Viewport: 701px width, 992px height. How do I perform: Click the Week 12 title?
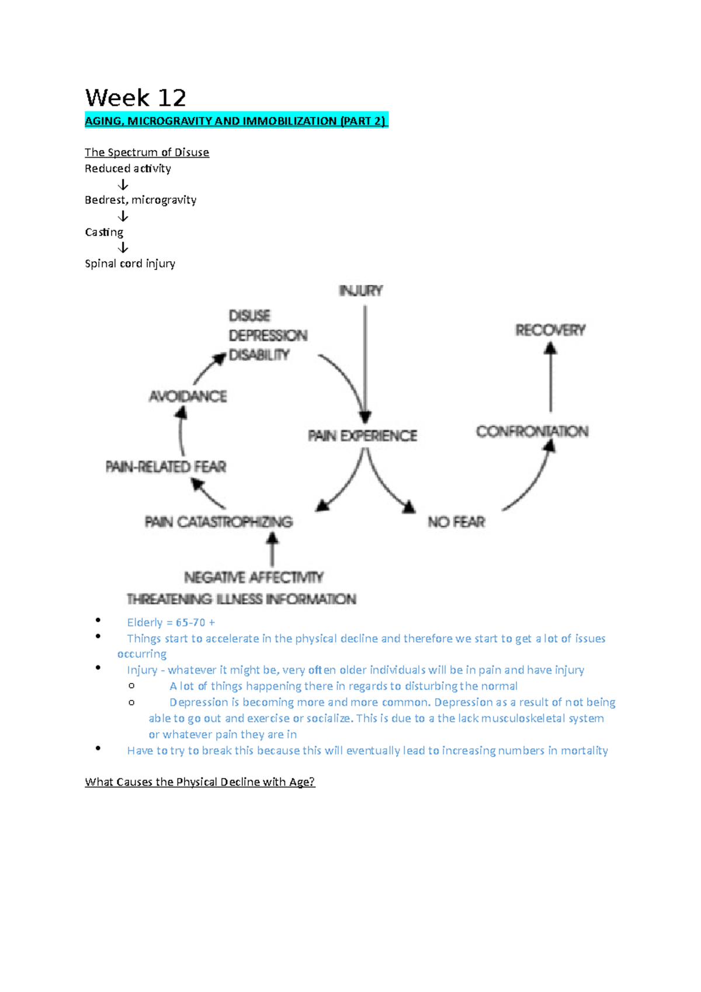(x=136, y=98)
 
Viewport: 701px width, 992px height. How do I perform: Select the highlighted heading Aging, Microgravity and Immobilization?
(x=235, y=121)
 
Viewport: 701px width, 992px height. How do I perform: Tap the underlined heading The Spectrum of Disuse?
(x=147, y=152)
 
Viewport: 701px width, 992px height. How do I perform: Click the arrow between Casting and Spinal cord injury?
(x=123, y=248)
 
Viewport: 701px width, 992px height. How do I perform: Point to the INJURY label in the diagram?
(x=361, y=290)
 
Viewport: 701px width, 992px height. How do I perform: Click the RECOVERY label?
(x=550, y=330)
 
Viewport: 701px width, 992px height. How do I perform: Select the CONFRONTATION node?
(x=532, y=431)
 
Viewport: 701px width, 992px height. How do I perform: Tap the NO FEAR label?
(x=456, y=522)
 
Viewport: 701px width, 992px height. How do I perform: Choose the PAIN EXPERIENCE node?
(x=363, y=436)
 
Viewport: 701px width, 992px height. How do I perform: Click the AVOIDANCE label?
(x=188, y=397)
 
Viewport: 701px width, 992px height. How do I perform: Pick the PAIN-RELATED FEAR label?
(x=166, y=467)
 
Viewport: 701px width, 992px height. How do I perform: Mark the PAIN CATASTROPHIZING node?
(x=218, y=522)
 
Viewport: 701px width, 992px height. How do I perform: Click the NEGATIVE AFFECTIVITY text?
(x=254, y=577)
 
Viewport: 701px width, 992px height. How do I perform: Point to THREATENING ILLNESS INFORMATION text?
(x=241, y=599)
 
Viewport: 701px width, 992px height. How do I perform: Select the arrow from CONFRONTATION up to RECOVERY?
(x=550, y=377)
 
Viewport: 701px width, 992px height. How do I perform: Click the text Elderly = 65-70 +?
(x=171, y=622)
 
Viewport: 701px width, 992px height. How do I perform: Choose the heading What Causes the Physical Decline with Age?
(x=200, y=782)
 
